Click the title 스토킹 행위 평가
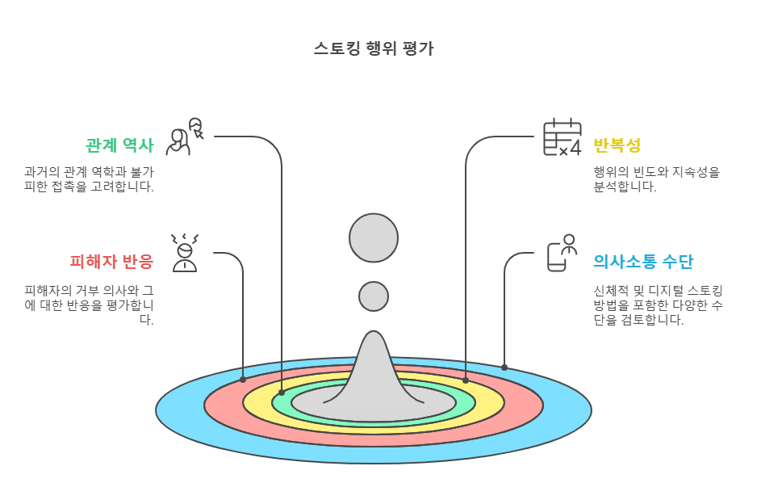click(373, 48)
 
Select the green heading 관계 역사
click(119, 146)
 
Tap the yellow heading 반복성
click(617, 146)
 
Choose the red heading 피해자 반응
click(111, 262)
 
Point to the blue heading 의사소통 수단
click(642, 262)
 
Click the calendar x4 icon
click(562, 138)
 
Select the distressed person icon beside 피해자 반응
click(185, 253)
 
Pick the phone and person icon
click(562, 253)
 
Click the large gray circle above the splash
click(374, 238)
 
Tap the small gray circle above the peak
click(374, 296)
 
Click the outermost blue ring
click(178, 412)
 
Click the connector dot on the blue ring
click(504, 367)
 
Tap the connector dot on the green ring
click(282, 393)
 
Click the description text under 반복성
click(655, 179)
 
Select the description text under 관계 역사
click(89, 179)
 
